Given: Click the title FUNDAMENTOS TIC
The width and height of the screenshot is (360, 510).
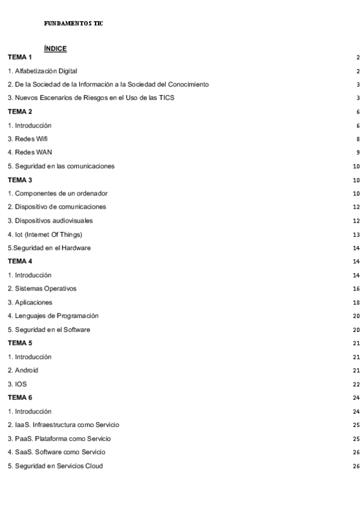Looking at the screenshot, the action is pos(73,23).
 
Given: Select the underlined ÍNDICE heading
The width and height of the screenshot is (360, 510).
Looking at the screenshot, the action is pos(55,48).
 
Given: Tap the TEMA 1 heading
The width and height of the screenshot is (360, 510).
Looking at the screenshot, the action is pos(20,57).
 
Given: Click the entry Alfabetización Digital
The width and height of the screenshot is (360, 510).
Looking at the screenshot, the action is pos(43,71).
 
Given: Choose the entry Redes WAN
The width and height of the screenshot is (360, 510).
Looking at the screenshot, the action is pos(28,152).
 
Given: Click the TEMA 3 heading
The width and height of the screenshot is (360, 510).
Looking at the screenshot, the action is pos(20,180).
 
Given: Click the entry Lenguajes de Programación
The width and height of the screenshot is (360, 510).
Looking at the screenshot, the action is pos(53,316).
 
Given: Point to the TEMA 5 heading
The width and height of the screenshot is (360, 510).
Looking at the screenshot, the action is pos(20,343).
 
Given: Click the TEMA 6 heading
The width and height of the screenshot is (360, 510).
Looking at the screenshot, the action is pos(20,398).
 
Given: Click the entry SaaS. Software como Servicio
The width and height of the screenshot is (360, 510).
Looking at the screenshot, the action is pos(55,452).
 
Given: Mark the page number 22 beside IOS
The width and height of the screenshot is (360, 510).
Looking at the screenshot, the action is pos(356,384).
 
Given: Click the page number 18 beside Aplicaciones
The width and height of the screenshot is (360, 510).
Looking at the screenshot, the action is pos(356,303).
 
